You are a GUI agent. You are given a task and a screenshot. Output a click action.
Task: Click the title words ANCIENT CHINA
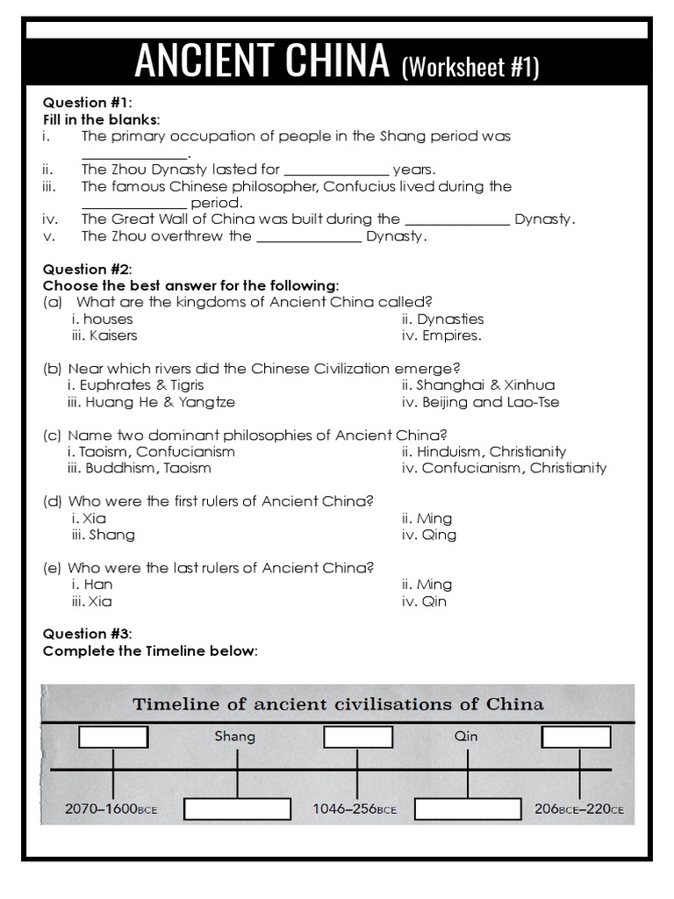coord(262,61)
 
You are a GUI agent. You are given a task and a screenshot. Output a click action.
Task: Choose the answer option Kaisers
coord(104,335)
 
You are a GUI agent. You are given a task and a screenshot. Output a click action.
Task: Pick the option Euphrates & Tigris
coord(135,385)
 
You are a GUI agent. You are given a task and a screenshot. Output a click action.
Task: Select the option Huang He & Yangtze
coord(151,402)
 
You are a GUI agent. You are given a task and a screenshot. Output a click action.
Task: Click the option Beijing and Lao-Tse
coord(480,402)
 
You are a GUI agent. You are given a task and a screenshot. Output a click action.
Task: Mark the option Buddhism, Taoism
coord(139,468)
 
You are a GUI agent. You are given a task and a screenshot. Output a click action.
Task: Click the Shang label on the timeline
coord(234,736)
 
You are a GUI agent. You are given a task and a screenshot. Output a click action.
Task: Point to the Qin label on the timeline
coord(466,736)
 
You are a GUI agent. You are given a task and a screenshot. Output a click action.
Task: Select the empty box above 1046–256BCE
coord(357,737)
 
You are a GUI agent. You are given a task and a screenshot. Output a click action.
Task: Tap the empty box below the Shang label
coord(237,809)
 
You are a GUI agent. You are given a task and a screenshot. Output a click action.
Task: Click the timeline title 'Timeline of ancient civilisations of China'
coord(338,704)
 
